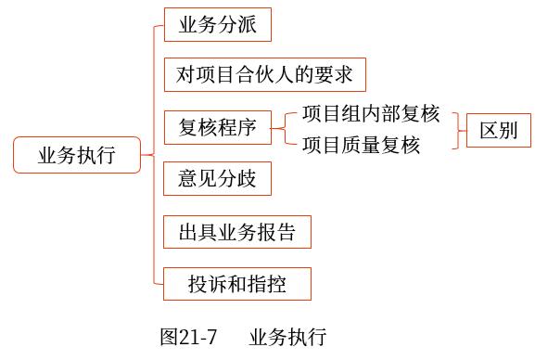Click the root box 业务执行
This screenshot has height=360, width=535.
point(77,154)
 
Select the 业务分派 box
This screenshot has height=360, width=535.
point(217,25)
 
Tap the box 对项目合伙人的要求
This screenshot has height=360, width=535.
point(264,75)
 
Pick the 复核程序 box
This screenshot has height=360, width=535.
point(217,126)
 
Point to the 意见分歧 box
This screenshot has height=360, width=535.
point(217,177)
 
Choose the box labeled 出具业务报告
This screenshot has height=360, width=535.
point(236,231)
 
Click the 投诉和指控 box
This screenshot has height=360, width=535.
point(236,284)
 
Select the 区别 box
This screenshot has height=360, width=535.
point(498,131)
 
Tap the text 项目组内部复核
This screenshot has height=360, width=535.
point(370,116)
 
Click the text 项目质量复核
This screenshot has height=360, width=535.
point(361,145)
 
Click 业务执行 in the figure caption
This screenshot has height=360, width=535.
point(287,336)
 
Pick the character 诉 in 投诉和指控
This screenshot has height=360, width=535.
point(217,284)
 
